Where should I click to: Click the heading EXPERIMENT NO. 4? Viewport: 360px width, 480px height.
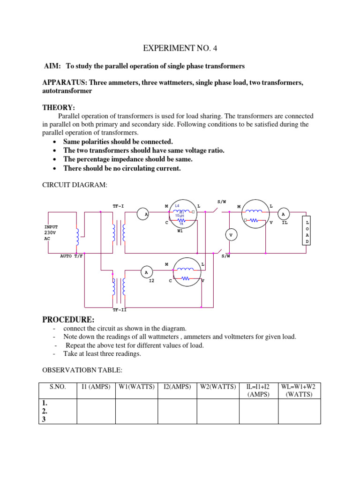(x=180, y=48)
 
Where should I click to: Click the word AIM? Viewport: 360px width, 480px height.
(x=52, y=67)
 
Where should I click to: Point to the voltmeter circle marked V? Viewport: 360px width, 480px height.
(x=230, y=234)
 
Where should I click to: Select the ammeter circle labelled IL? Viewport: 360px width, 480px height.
(x=283, y=214)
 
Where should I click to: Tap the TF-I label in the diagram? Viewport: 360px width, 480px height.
(x=119, y=206)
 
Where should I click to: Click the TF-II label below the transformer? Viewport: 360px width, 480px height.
(x=120, y=310)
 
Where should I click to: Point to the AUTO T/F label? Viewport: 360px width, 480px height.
(x=71, y=256)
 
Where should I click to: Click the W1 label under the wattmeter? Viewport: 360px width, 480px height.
(x=180, y=231)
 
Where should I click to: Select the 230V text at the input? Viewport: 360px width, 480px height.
(x=50, y=232)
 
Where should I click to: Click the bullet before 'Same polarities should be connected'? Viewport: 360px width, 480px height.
(x=56, y=142)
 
